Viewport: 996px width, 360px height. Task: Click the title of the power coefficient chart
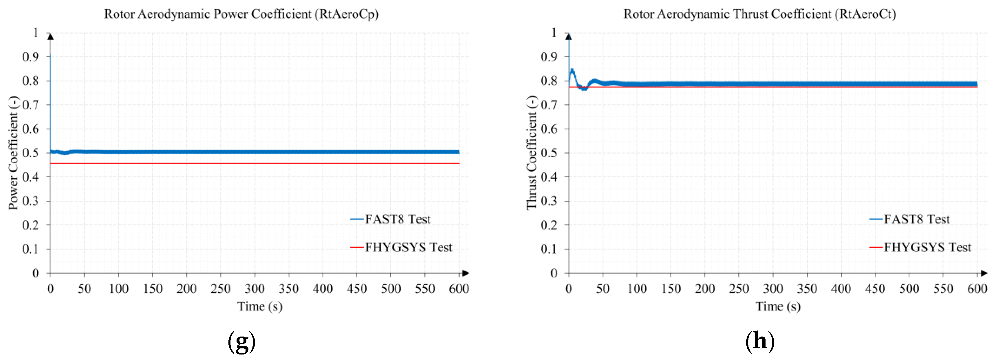point(241,14)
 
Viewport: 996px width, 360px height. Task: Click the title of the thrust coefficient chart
point(759,14)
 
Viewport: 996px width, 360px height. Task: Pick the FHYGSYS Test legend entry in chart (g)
point(408,247)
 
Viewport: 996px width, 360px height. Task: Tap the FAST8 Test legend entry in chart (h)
point(916,219)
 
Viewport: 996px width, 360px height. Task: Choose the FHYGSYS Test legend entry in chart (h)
point(927,247)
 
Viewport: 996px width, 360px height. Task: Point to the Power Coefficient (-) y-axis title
point(14,153)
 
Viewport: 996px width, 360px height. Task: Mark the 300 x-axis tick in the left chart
point(255,289)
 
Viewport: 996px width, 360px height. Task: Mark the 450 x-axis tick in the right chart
point(875,289)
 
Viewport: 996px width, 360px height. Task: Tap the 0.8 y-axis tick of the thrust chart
point(549,81)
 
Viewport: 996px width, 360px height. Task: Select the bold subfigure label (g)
point(242,341)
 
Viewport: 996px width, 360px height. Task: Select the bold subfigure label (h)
point(760,341)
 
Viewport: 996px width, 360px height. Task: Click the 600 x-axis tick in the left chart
point(459,289)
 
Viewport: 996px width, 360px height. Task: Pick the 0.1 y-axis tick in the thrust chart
point(549,249)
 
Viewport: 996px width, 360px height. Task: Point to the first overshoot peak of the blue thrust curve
point(572,70)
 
